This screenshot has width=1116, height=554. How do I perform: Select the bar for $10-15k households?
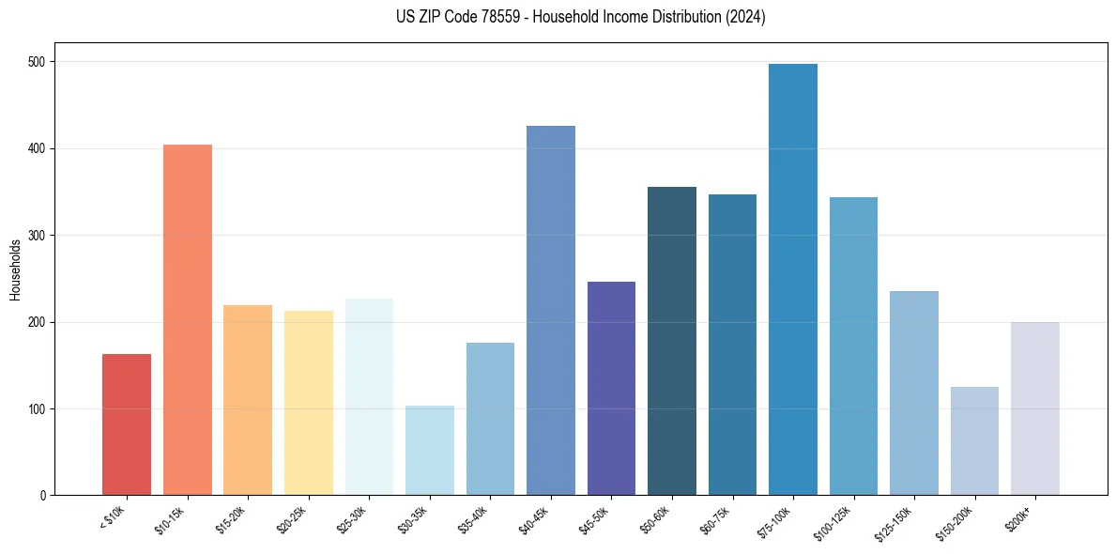188,319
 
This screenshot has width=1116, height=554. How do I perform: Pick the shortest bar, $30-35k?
430,450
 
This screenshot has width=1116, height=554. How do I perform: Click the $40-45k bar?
551,310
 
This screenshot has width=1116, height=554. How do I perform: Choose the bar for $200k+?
1035,408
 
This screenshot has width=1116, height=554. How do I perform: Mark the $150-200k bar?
974,440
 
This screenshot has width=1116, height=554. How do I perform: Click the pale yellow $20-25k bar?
309,403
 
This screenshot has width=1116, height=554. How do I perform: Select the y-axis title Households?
16,269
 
